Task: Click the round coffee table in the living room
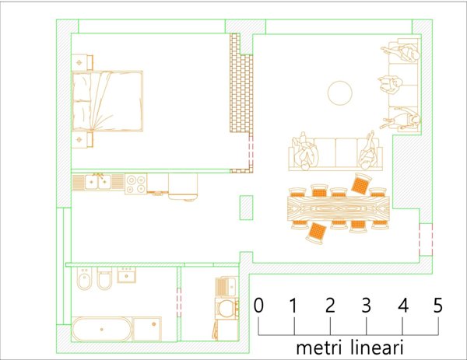(x=340, y=93)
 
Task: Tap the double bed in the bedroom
(x=107, y=101)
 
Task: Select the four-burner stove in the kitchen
(x=135, y=183)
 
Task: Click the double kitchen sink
(x=98, y=182)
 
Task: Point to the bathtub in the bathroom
(x=101, y=329)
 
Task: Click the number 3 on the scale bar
(x=367, y=305)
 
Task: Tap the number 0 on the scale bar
(x=258, y=305)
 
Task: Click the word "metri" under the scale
(x=319, y=348)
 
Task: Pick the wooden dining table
(x=339, y=208)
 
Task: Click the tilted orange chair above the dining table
(x=361, y=183)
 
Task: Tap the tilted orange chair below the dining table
(x=317, y=232)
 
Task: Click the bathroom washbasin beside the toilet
(x=127, y=275)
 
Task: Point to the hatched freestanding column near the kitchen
(x=246, y=208)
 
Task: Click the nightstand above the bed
(x=83, y=62)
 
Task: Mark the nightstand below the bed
(x=83, y=139)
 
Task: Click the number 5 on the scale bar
(x=437, y=305)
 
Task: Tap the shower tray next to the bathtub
(x=147, y=329)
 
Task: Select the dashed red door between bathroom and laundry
(x=179, y=302)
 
